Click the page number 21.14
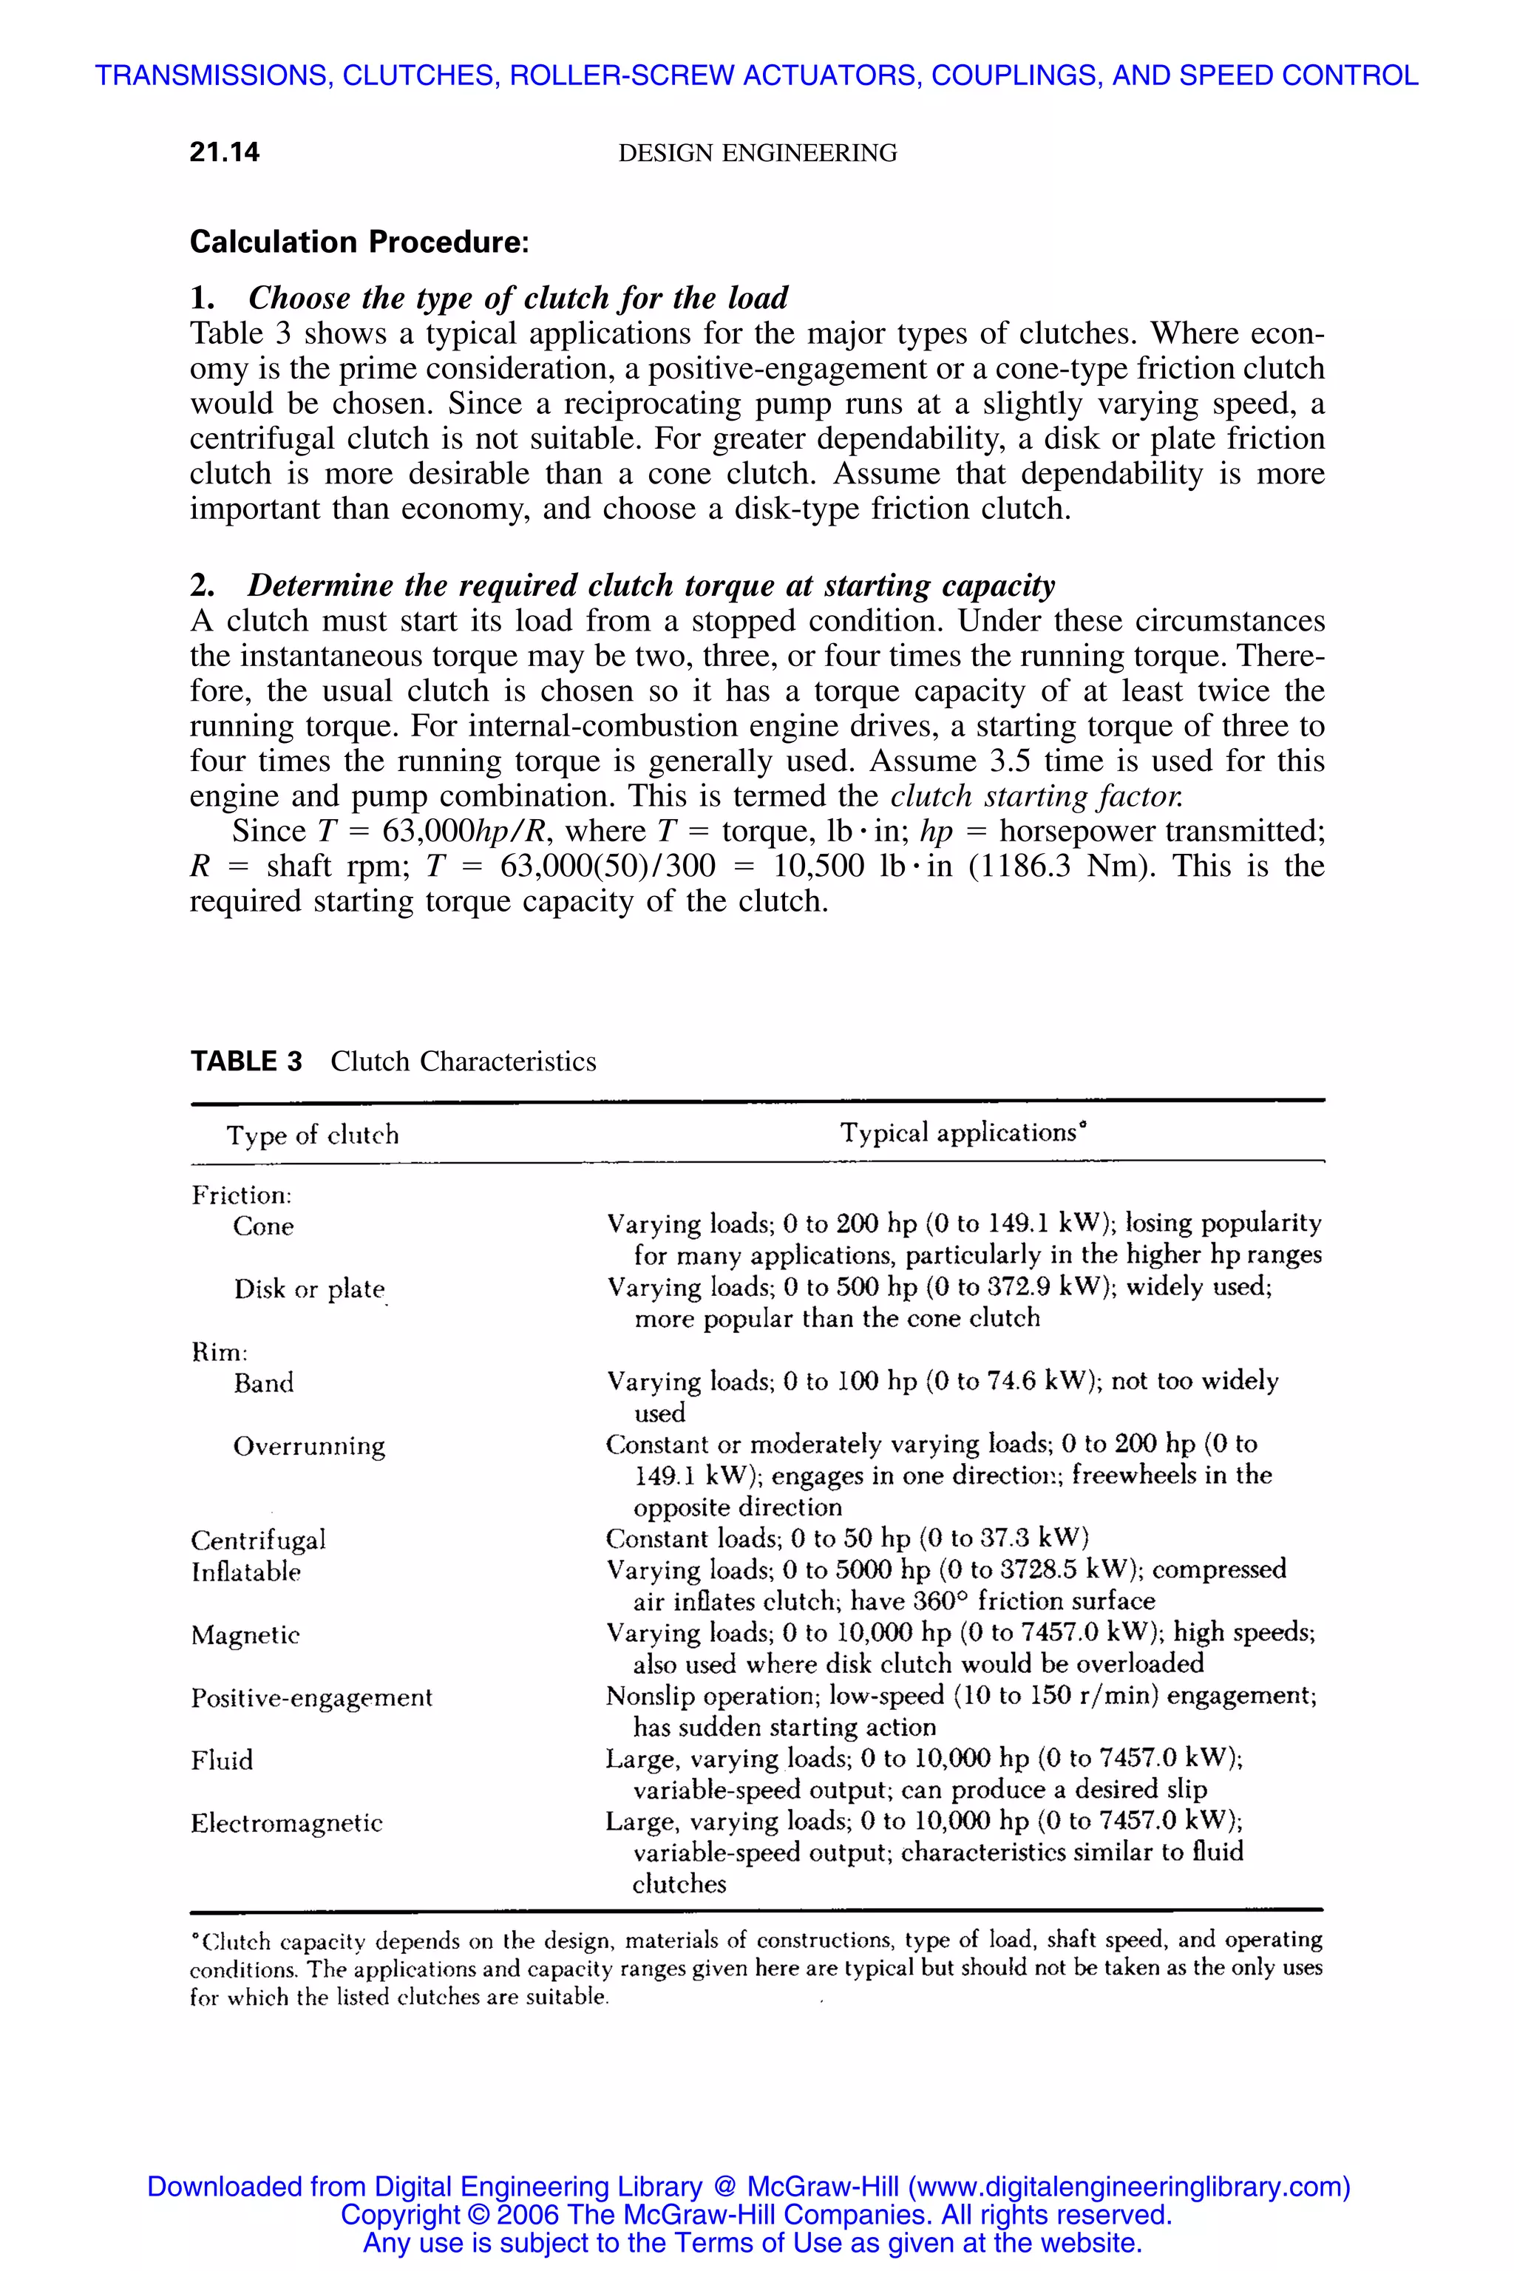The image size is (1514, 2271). click(224, 152)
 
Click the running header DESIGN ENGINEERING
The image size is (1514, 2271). click(757, 154)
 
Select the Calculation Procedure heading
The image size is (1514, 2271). click(359, 242)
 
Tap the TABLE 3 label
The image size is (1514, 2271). click(246, 1061)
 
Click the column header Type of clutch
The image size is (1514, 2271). click(312, 1135)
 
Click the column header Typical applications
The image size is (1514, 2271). click(962, 1133)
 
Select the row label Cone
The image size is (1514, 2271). click(262, 1226)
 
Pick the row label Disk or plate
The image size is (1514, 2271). click(309, 1289)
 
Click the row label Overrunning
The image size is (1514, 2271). click(308, 1445)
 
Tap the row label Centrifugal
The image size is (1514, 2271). click(258, 1540)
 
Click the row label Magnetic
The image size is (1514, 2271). click(245, 1634)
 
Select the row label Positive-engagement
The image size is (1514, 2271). click(311, 1697)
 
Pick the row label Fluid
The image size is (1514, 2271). click(221, 1760)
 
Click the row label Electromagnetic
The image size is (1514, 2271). click(286, 1823)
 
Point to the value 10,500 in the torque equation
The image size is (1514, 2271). click(818, 866)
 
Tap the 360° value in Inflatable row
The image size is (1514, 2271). click(940, 1601)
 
